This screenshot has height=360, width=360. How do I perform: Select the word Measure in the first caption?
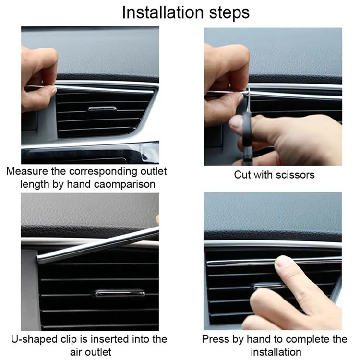(28, 171)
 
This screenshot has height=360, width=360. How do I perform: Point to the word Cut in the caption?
(243, 174)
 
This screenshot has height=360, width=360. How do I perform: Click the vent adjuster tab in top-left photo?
(102, 109)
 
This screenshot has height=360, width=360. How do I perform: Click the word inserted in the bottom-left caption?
(109, 339)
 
